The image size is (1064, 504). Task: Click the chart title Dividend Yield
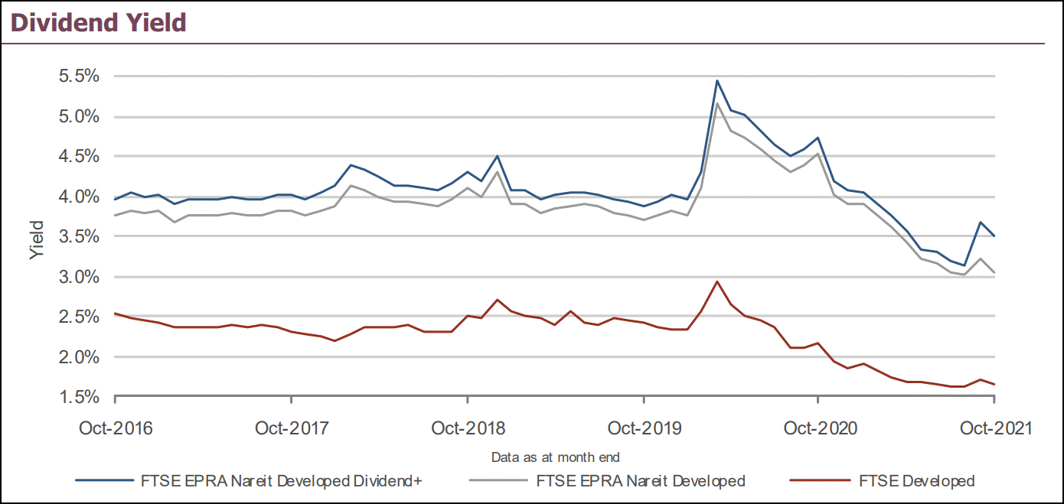click(x=98, y=22)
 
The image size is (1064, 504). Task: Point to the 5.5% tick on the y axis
click(x=80, y=76)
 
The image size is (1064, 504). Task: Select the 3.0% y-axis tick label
click(x=80, y=277)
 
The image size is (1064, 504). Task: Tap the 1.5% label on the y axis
click(x=80, y=397)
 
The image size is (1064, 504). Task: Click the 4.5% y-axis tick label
click(x=80, y=157)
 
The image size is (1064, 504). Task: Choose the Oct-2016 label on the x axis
click(x=116, y=428)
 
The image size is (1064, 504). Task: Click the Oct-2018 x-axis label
click(x=468, y=428)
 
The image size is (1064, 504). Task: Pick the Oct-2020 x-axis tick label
click(x=818, y=428)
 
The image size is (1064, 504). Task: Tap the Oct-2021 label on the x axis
click(x=994, y=428)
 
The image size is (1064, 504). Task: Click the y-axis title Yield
click(x=38, y=239)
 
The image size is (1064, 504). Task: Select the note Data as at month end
click(x=555, y=457)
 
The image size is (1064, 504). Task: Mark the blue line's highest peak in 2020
click(x=716, y=80)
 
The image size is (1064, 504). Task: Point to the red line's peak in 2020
click(x=716, y=281)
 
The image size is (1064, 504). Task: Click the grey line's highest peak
click(x=716, y=103)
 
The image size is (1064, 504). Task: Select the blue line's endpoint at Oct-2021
click(x=994, y=236)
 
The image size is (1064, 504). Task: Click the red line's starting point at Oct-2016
click(x=115, y=314)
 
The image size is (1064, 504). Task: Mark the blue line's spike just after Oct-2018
click(x=498, y=156)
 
